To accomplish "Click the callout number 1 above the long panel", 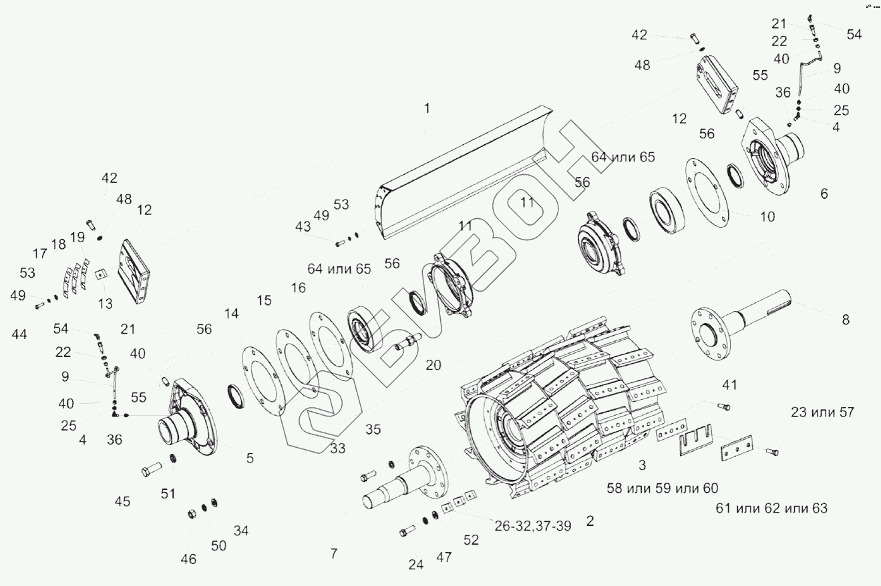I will pos(427,109).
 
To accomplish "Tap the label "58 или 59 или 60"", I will pos(662,488).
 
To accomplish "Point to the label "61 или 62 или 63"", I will pos(771,509).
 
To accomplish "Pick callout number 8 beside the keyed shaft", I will pos(846,320).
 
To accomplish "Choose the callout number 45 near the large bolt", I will pos(122,502).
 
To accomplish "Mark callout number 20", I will pos(433,365).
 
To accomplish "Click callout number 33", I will pos(338,449).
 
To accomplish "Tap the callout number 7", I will pos(334,553).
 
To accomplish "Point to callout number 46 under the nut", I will pos(189,559).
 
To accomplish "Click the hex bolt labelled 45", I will pos(148,470).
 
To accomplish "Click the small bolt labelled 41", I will pos(724,406).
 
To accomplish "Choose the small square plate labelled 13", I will pos(101,274).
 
